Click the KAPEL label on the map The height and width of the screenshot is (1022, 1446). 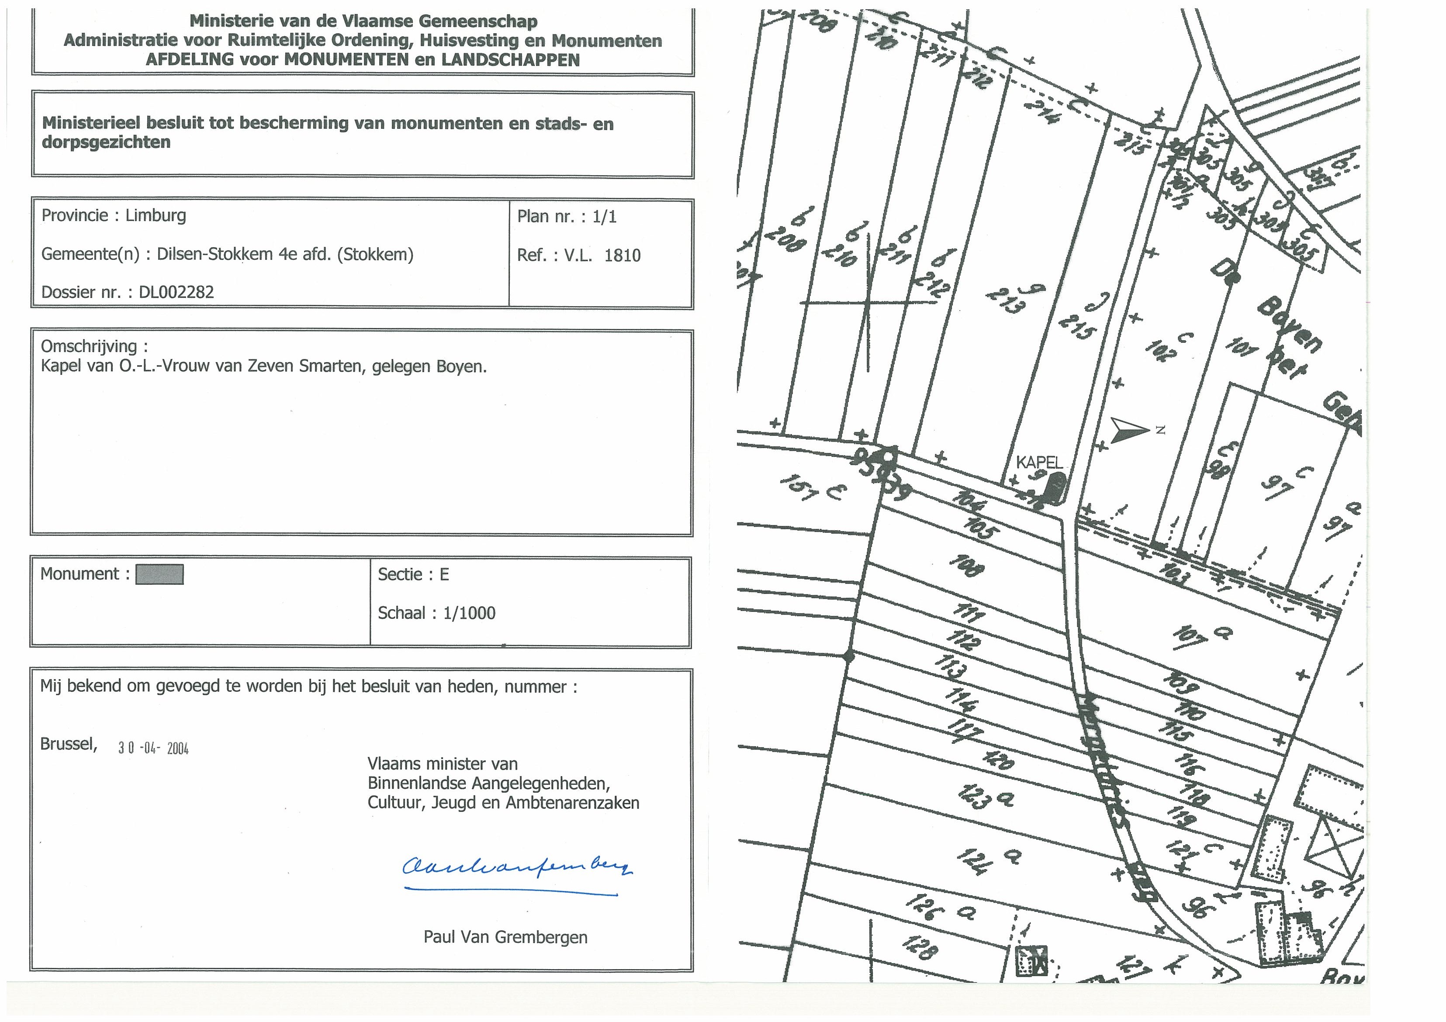point(1039,463)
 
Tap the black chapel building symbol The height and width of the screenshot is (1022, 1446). point(1052,487)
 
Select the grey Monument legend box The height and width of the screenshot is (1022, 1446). point(160,574)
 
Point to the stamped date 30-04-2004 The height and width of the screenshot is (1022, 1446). point(153,748)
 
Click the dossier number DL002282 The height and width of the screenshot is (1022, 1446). point(176,292)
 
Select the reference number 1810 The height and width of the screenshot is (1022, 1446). point(622,255)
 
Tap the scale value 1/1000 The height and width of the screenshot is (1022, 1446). point(469,613)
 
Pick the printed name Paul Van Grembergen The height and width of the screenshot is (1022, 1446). point(505,937)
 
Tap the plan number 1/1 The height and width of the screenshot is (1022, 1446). point(605,217)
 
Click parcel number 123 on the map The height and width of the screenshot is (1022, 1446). point(973,797)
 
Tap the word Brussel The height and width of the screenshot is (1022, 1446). point(68,744)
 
